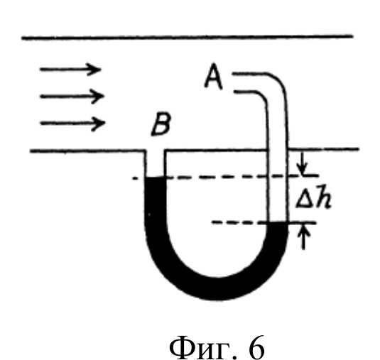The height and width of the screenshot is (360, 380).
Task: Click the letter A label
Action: coord(214,76)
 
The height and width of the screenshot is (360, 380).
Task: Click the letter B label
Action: coord(161,124)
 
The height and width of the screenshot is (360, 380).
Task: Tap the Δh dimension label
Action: coord(314,197)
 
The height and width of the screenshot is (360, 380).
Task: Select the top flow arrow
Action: coord(70,70)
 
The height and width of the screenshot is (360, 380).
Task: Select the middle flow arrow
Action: coord(72,97)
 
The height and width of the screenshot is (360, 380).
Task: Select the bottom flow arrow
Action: coord(72,124)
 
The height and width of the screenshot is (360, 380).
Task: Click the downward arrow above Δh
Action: coord(302,163)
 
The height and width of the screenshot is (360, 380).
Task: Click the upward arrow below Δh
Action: coord(303,236)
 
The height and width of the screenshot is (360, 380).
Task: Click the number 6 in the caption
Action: coord(256,348)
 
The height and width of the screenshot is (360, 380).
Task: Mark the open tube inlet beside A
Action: coord(234,82)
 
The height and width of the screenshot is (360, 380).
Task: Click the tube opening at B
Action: coord(156,151)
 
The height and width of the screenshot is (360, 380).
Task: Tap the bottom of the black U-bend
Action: coord(218,288)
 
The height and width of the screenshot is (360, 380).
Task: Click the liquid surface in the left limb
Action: coord(156,178)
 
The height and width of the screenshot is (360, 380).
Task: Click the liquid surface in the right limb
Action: coord(278,222)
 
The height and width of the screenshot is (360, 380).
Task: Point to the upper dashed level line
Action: coord(225,177)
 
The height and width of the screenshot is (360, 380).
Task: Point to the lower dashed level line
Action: coord(264,222)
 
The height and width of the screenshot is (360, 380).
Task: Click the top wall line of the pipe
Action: coord(188,38)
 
